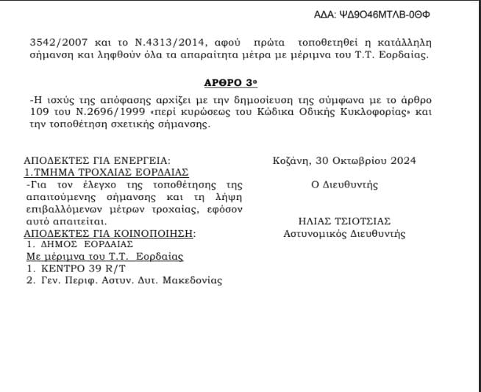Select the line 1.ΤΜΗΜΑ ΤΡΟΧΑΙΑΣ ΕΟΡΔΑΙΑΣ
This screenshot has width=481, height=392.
pyautogui.click(x=107, y=173)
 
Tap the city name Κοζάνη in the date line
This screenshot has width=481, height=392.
pyautogui.click(x=289, y=160)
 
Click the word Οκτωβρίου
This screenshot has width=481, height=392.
pyautogui.click(x=354, y=160)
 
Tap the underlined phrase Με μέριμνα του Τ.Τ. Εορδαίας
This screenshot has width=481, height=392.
pyautogui.click(x=104, y=257)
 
